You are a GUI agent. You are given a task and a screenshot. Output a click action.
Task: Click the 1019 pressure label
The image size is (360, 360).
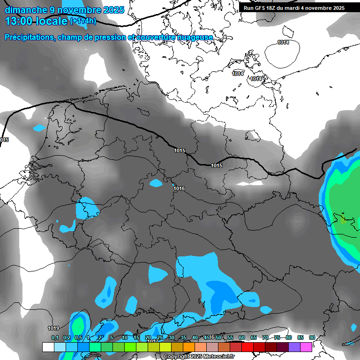pyautogui.click(x=53, y=328)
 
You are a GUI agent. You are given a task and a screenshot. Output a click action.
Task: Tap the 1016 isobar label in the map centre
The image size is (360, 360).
pyautogui.click(x=179, y=188)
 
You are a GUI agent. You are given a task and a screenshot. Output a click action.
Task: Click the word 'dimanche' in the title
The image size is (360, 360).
pyautogui.click(x=23, y=10)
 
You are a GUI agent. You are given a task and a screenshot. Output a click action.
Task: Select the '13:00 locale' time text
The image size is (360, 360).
pyautogui.click(x=36, y=21)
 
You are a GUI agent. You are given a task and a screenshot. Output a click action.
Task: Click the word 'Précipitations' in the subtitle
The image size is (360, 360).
pyautogui.click(x=29, y=37)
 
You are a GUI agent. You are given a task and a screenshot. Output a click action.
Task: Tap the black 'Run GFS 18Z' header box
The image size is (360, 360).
pyautogui.click(x=294, y=7)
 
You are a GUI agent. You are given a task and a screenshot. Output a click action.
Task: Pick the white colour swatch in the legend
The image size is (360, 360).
pyautogui.click(x=48, y=347)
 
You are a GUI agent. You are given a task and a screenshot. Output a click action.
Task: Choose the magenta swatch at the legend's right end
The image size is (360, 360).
pyautogui.click(x=306, y=347)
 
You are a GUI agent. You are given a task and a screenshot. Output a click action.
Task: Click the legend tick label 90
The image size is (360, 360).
pyautogui.click(x=312, y=337)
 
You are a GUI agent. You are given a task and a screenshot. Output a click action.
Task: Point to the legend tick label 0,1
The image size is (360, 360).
pyautogui.click(x=54, y=337)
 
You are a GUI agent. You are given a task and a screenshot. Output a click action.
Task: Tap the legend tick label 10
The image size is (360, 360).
pyautogui.click(x=124, y=337)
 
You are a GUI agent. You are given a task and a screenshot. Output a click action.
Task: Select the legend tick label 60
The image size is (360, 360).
pyautogui.click(x=241, y=337)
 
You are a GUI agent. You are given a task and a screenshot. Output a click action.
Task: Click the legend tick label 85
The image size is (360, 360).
pyautogui.click(x=300, y=337)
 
